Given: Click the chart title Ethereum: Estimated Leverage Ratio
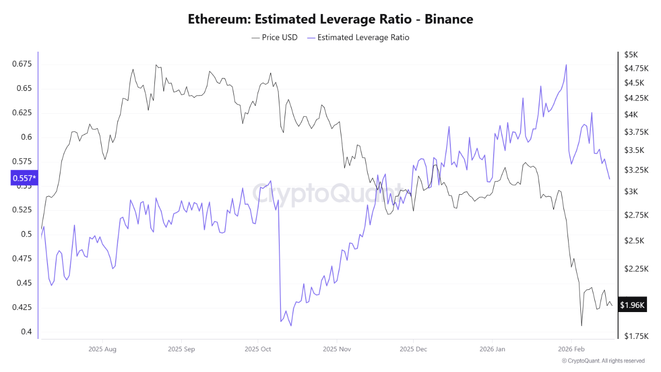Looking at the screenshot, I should pyautogui.click(x=330, y=20).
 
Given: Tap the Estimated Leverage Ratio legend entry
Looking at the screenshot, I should pyautogui.click(x=358, y=37).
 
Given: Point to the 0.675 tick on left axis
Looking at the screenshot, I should pyautogui.click(x=22, y=64).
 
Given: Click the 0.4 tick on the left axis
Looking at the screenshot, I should pyautogui.click(x=26, y=332).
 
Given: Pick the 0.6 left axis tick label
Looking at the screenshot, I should pyautogui.click(x=26, y=137).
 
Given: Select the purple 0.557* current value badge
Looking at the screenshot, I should pyautogui.click(x=24, y=178).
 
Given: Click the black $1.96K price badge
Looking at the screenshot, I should pyautogui.click(x=632, y=305).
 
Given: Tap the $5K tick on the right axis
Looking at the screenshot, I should pyautogui.click(x=631, y=54).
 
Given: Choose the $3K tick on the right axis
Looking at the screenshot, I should pyautogui.click(x=631, y=192).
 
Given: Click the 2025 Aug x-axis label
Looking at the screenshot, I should pyautogui.click(x=102, y=349).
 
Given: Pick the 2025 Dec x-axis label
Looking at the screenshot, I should pyautogui.click(x=414, y=349).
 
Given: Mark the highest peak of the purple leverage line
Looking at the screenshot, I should pyautogui.click(x=566, y=65).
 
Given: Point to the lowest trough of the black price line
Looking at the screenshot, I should pyautogui.click(x=581, y=326).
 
